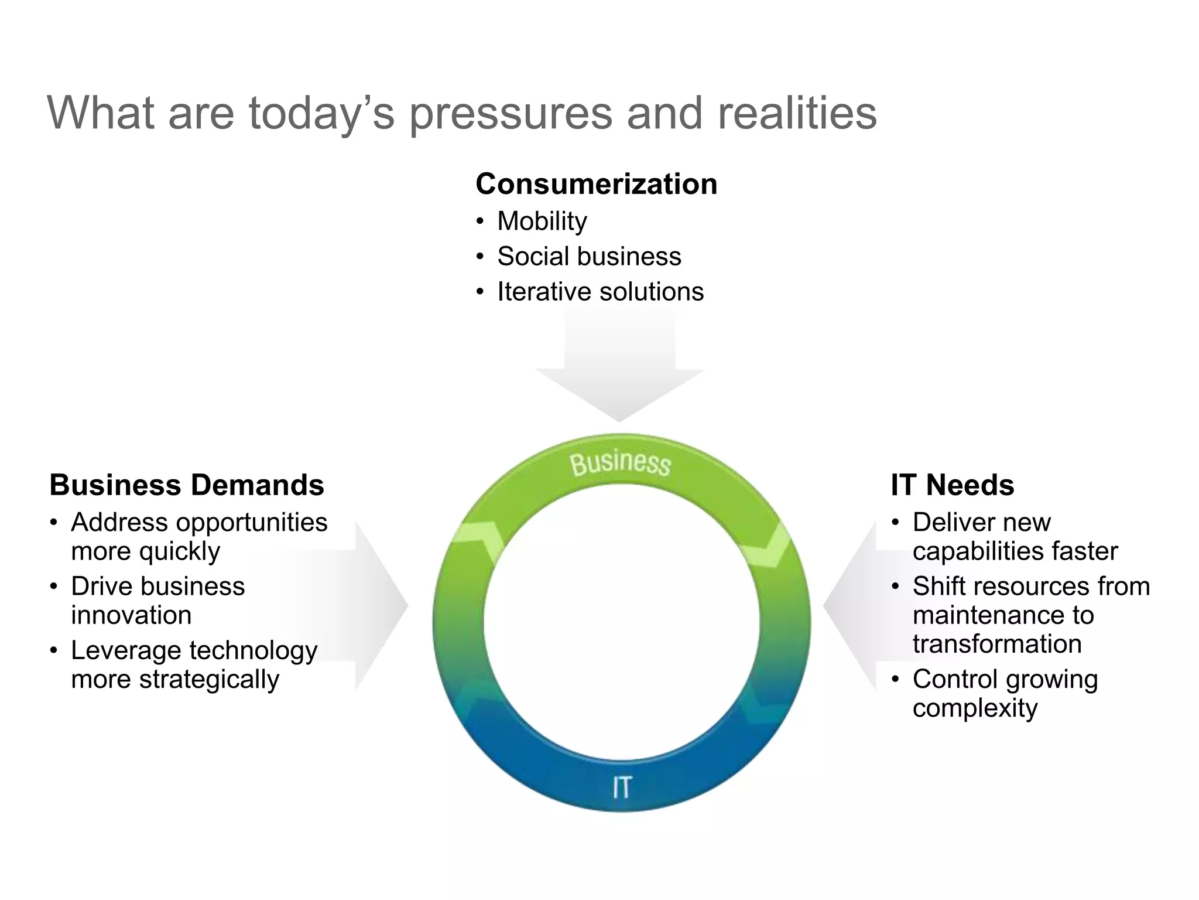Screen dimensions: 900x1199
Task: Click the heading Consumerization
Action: coord(596,184)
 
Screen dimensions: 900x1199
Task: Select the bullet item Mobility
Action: coord(542,221)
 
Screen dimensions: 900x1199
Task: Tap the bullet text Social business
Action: coord(589,257)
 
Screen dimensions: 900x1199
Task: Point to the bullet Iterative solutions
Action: coord(600,292)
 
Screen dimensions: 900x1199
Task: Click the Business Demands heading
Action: coord(186,485)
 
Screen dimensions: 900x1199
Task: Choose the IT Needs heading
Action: coord(952,485)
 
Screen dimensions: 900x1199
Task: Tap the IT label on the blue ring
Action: coord(621,787)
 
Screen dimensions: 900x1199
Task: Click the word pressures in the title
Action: coord(510,114)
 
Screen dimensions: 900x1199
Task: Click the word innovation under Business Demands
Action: coord(131,615)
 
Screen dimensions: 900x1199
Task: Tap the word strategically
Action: coord(209,680)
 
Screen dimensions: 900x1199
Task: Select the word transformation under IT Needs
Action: coord(996,644)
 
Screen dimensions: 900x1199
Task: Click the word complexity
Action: coord(975,708)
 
